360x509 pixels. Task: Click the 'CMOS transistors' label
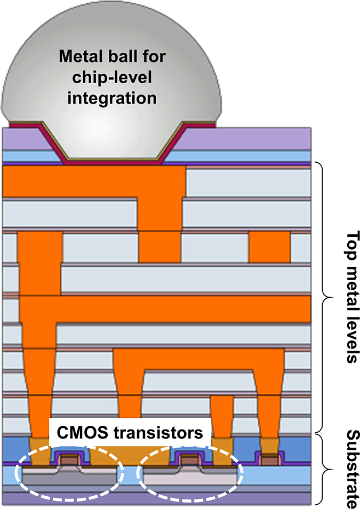[127, 433]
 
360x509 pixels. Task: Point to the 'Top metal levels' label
[350, 297]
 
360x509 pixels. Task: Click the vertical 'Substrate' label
[350, 467]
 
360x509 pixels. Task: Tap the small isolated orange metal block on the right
[269, 247]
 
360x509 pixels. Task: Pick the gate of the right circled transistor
[188, 458]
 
